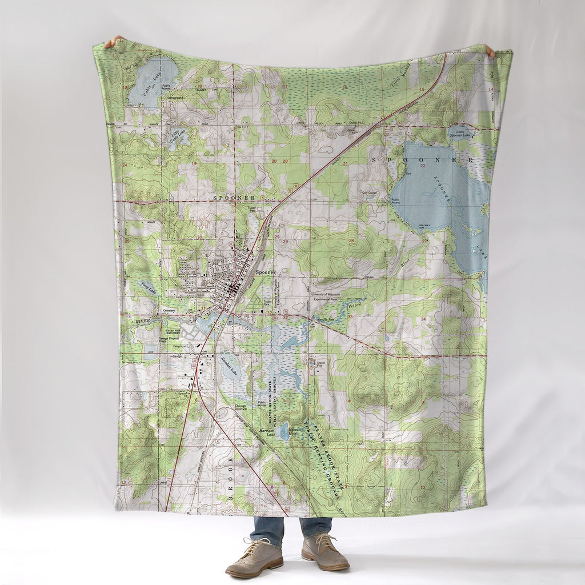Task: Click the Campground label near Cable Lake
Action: [x=175, y=98]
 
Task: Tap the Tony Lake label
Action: [x=148, y=289]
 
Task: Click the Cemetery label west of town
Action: [x=169, y=311]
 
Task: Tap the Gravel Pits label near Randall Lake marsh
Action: [x=315, y=364]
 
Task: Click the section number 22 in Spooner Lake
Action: [x=423, y=166]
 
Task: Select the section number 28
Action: [x=351, y=241]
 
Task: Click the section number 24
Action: [x=125, y=165]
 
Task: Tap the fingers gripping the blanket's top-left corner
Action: [x=114, y=41]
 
